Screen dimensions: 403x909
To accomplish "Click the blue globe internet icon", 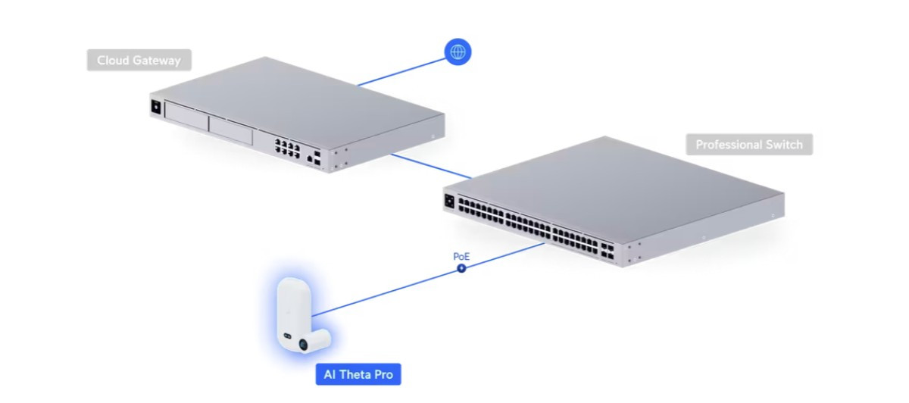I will click(x=458, y=52).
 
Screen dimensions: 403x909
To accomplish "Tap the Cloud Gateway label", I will click(x=139, y=61).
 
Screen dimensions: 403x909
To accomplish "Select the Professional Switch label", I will click(x=749, y=144).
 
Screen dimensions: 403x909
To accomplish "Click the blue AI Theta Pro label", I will click(x=358, y=374).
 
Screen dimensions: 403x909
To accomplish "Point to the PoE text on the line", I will click(x=461, y=257).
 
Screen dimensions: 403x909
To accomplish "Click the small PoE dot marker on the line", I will click(x=461, y=268).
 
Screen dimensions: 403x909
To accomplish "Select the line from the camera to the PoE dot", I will click(x=386, y=291).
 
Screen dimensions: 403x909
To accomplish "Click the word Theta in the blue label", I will click(x=358, y=374).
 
